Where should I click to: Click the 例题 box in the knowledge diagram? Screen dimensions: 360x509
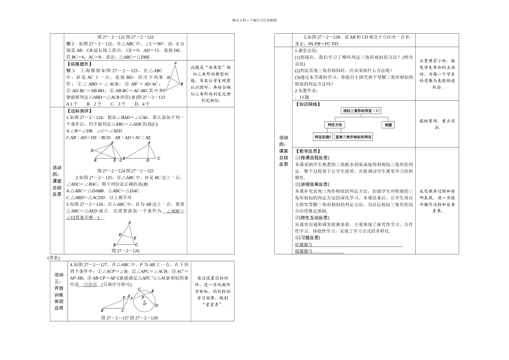click(388, 124)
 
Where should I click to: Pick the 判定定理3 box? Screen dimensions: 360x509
click(323, 137)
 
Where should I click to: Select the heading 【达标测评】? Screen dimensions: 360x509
click(78, 110)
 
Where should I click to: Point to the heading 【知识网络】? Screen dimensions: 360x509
click(307, 103)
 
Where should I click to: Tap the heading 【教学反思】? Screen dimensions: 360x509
click(307, 152)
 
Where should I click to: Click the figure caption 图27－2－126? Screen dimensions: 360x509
click(125, 250)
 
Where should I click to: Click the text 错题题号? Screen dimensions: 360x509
click(304, 251)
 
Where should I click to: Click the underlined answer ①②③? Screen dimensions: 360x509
click(88, 284)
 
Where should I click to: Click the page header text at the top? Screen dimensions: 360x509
click(254, 20)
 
